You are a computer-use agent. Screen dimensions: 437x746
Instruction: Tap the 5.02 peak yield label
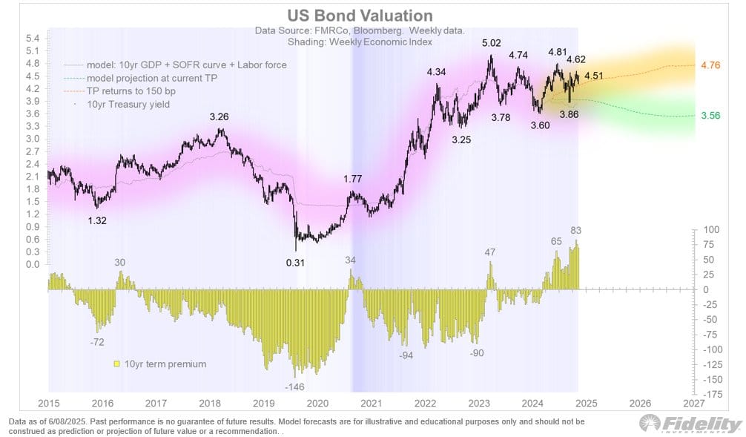[x=490, y=43]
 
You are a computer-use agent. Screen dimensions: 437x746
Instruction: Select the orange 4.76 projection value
[x=710, y=65]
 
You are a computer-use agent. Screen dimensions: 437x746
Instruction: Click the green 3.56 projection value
[x=710, y=116]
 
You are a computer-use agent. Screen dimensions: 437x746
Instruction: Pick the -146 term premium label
[x=296, y=387]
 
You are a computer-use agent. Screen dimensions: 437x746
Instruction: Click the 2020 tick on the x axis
[x=317, y=403]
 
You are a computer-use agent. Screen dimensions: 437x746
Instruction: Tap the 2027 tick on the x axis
[x=693, y=403]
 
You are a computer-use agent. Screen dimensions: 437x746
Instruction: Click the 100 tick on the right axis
[x=710, y=230]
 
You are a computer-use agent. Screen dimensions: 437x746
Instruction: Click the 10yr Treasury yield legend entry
[x=128, y=105]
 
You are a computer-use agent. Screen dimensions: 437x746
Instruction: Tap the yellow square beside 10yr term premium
[x=116, y=364]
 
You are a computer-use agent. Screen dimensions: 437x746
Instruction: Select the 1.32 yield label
[x=99, y=220]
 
